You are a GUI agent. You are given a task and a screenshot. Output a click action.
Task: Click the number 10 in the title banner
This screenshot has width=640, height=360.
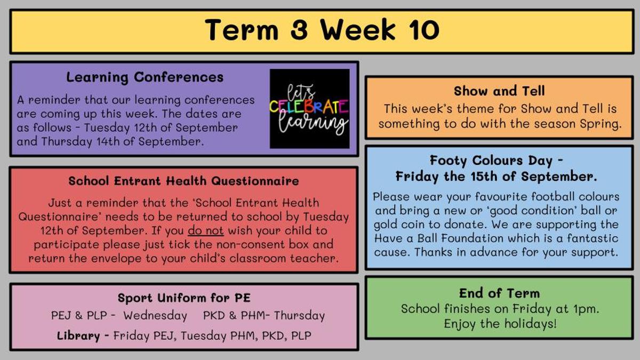pyautogui.click(x=423, y=30)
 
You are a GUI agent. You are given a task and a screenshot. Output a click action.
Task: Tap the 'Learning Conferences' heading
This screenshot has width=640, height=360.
pyautogui.click(x=145, y=77)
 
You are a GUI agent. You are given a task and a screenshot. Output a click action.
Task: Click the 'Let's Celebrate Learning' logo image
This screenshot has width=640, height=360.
pyautogui.click(x=310, y=109)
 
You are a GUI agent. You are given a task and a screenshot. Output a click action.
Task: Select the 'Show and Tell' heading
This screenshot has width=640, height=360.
pyautogui.click(x=499, y=91)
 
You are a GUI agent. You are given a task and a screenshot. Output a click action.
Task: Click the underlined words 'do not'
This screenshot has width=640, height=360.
pyautogui.click(x=206, y=230)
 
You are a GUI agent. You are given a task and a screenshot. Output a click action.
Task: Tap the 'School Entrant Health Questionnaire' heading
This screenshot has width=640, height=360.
pyautogui.click(x=183, y=181)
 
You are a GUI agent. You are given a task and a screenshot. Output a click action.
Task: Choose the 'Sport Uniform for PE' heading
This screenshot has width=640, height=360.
pyautogui.click(x=184, y=298)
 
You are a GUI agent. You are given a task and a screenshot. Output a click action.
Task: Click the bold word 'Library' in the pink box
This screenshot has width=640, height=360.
pyautogui.click(x=78, y=336)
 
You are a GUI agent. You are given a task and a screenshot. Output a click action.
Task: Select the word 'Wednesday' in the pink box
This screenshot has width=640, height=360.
pyautogui.click(x=155, y=316)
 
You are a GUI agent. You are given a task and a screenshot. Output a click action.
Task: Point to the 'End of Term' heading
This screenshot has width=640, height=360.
pyautogui.click(x=499, y=293)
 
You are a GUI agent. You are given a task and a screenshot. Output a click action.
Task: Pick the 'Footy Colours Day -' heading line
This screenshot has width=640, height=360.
pyautogui.click(x=497, y=161)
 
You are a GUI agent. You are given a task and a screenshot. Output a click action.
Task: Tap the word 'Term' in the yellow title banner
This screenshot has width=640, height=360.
pyautogui.click(x=242, y=30)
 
